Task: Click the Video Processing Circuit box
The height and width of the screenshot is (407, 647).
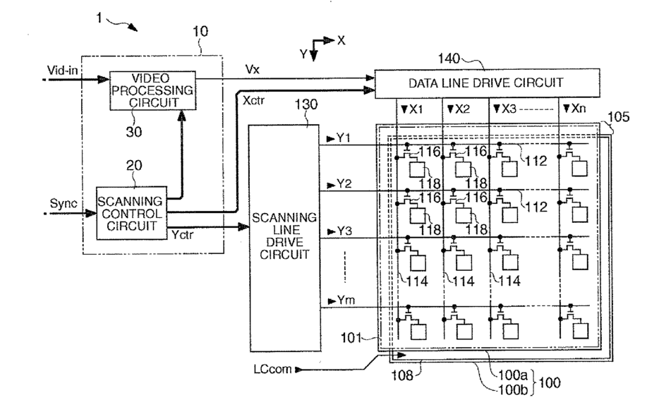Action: point(152,91)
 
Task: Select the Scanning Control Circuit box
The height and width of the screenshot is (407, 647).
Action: point(132,213)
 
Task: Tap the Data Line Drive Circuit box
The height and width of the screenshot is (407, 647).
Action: point(487,83)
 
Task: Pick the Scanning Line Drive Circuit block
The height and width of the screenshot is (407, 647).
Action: point(284,238)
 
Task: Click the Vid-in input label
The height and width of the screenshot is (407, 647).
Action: point(62,71)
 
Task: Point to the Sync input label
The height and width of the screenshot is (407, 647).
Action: point(63,204)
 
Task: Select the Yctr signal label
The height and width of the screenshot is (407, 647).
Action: point(182,235)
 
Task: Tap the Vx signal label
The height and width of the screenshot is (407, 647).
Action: point(253,69)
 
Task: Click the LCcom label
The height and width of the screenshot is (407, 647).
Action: point(272,369)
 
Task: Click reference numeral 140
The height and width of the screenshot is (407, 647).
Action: point(449,59)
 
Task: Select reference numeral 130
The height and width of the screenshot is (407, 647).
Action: point(306,104)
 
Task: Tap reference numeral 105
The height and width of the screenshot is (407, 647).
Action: point(619,116)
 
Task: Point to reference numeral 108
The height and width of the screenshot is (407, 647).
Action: point(402,375)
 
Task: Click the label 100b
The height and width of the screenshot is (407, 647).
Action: point(513,389)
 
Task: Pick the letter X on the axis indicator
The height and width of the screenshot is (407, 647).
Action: point(341,40)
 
